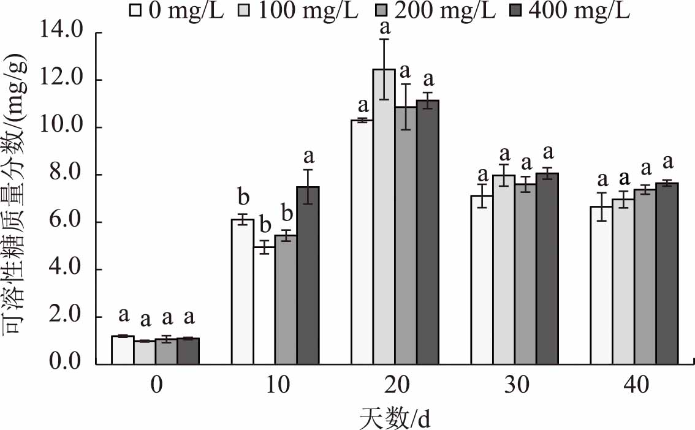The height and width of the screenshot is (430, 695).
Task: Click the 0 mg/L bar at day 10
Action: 242,292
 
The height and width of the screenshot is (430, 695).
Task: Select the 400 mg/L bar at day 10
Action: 308,276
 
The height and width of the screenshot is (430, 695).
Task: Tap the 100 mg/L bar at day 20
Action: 384,217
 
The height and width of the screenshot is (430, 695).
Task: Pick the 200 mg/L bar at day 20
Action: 405,236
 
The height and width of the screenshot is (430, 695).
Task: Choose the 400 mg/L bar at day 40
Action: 667,273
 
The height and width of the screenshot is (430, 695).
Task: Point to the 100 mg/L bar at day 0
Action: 145,353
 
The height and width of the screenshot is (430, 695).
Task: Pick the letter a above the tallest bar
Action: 385,27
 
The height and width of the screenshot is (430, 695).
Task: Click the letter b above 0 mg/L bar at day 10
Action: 243,197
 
